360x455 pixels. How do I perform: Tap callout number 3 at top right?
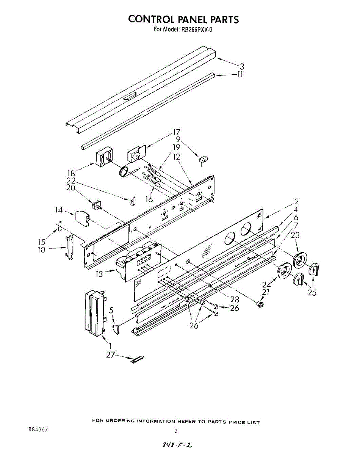[241, 66]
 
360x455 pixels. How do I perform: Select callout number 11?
[240, 74]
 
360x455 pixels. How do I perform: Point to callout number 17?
[176, 132]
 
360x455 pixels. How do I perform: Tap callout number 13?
[99, 273]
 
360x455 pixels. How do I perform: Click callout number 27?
[110, 355]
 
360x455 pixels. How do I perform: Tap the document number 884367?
[38, 430]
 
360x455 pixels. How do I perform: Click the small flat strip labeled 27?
[138, 359]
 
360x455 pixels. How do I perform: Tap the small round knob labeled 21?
[260, 304]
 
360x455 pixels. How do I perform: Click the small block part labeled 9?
[203, 159]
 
